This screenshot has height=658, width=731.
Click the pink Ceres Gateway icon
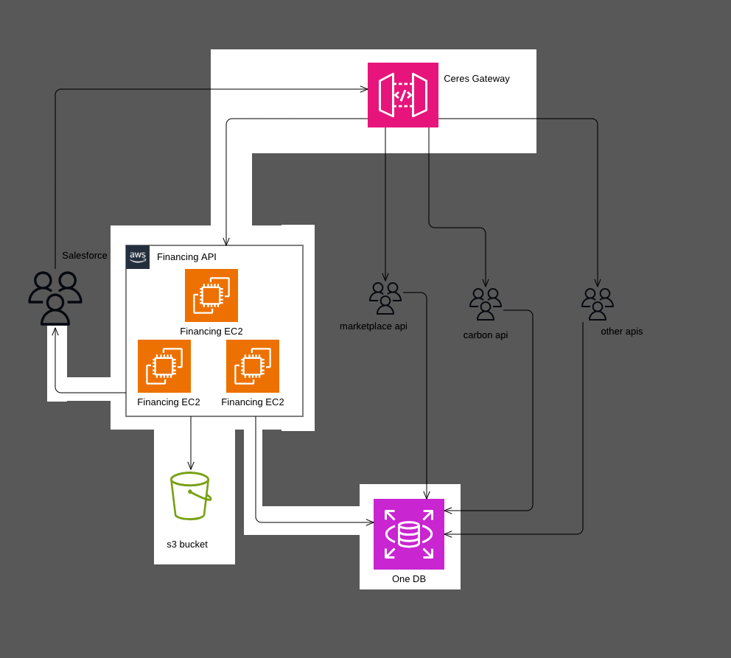coord(403,95)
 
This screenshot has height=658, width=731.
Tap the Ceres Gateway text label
coord(476,79)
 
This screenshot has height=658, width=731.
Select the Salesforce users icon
coord(55,298)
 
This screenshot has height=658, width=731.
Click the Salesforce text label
coord(85,256)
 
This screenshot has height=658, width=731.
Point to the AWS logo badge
coord(138,257)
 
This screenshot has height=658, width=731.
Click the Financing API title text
coord(186,257)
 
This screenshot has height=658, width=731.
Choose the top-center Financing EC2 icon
coord(211,295)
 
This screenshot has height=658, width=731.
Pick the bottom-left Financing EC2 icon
coord(164,366)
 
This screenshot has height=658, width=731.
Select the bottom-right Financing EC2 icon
coord(253,366)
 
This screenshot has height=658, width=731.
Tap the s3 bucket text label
coord(187,545)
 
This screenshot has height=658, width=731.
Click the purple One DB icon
coord(409,534)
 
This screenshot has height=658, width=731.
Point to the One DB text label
coord(409,579)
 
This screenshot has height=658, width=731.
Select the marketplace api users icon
coord(385,298)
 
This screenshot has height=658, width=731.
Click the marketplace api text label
coord(374,326)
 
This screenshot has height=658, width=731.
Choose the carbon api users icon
coord(486,304)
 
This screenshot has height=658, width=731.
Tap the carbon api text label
coord(486,335)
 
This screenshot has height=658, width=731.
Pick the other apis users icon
coord(598,304)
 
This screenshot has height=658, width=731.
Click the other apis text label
coord(622,332)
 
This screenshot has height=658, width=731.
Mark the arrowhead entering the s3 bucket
coord(191,466)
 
